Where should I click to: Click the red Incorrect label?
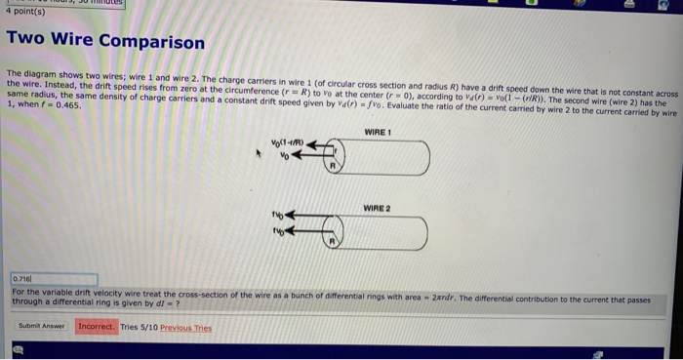pyautogui.click(x=97, y=325)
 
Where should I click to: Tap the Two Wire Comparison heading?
pyautogui.click(x=105, y=43)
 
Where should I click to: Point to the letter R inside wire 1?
pyautogui.click(x=331, y=167)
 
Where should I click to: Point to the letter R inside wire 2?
pyautogui.click(x=331, y=239)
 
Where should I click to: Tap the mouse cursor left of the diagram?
pyautogui.click(x=258, y=153)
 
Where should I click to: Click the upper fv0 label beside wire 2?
pyautogui.click(x=276, y=215)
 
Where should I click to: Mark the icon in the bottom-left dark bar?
pyautogui.click(x=17, y=346)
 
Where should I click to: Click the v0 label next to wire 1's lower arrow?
pyautogui.click(x=286, y=155)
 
